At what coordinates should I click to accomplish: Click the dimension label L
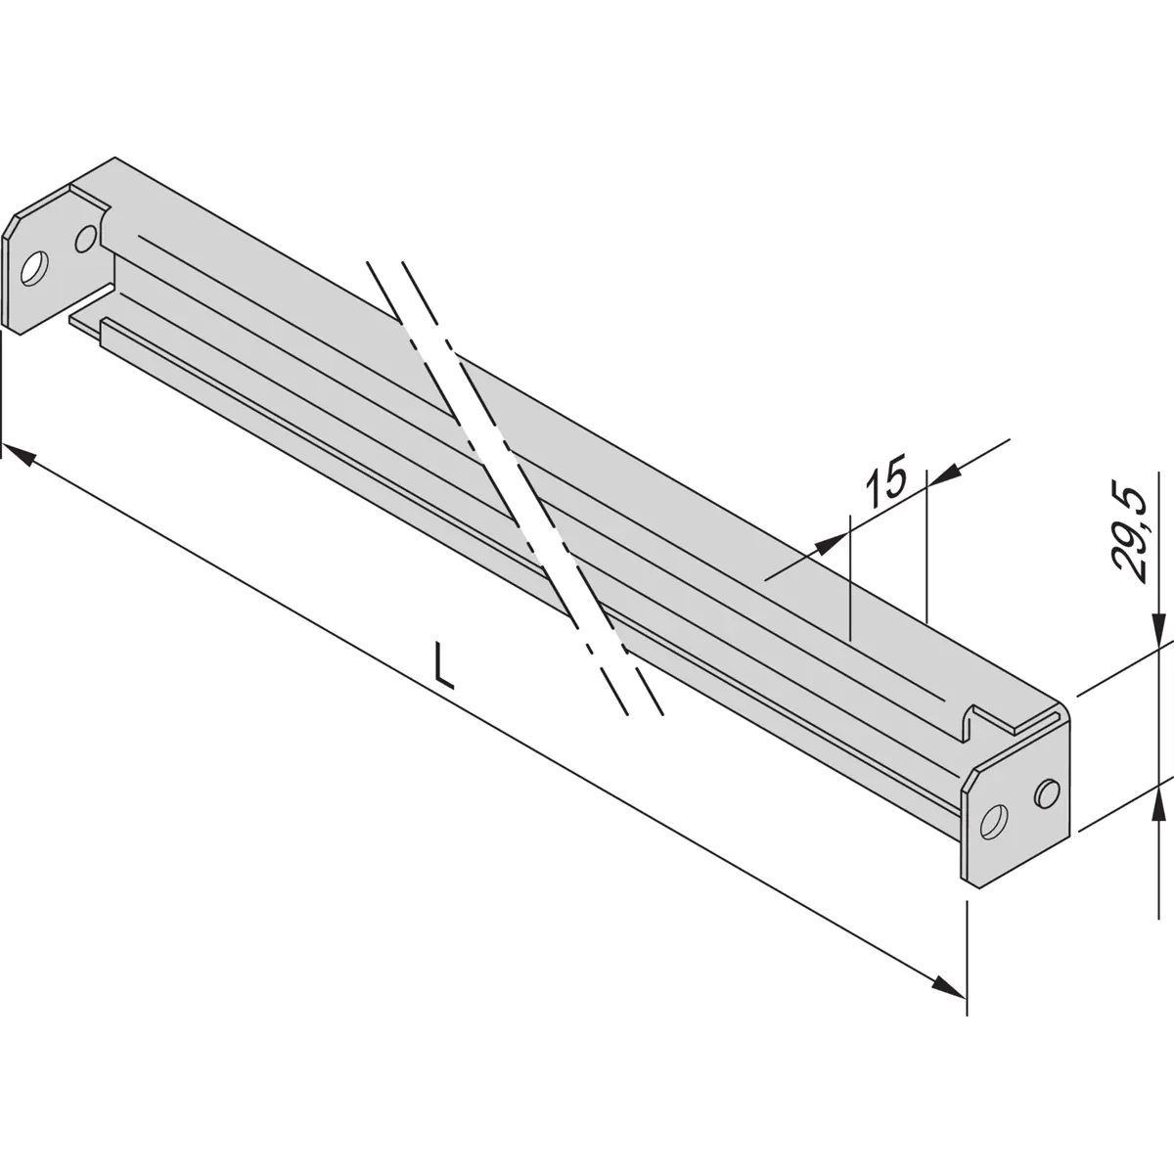444,665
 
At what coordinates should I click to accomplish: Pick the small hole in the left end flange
86,237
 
